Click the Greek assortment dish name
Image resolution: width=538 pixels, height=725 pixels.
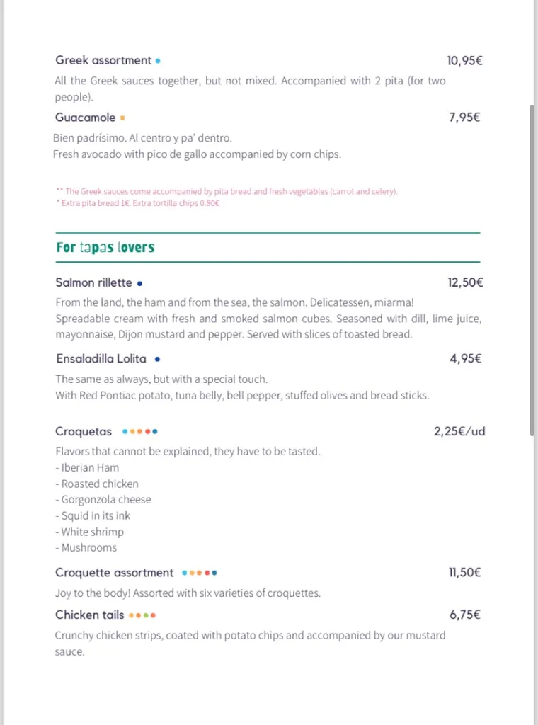coord(103,61)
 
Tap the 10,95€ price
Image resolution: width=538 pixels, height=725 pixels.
coord(464,61)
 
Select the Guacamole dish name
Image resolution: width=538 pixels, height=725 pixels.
coord(85,118)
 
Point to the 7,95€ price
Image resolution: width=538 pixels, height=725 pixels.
coord(464,118)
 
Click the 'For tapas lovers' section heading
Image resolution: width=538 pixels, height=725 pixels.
coord(105,248)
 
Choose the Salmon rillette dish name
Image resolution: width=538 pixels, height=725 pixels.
coord(93,282)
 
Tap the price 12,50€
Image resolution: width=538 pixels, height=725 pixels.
coord(464,282)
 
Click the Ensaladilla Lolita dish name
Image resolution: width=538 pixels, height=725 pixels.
coord(101,359)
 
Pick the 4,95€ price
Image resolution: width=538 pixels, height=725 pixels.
coord(465,359)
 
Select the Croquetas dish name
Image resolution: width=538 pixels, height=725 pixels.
coord(84,431)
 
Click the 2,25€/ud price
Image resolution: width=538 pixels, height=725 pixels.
coord(459,431)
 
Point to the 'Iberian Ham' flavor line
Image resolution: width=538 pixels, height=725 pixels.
coord(88,467)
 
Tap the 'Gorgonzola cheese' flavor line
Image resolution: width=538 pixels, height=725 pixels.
coord(103,499)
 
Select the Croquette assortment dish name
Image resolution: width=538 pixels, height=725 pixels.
coord(114,573)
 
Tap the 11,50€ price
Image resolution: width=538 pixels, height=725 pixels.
coord(464,573)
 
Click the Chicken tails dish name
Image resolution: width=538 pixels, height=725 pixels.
coord(89,615)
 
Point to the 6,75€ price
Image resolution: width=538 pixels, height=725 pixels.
coord(465,615)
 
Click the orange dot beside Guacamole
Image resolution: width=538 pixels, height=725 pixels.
coord(122,118)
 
